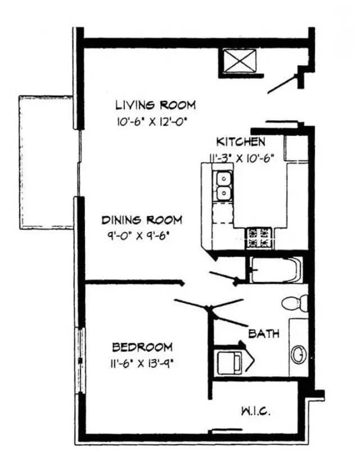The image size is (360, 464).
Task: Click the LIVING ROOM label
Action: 155,105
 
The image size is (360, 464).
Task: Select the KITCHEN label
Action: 241,142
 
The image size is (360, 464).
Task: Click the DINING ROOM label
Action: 142,220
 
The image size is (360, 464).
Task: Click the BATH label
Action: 264,334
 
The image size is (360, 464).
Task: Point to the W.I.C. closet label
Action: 256,411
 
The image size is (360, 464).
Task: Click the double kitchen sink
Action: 224,186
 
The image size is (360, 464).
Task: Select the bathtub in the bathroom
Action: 275,270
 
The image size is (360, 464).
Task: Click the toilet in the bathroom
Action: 294,302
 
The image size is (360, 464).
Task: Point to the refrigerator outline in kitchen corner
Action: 296,148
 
